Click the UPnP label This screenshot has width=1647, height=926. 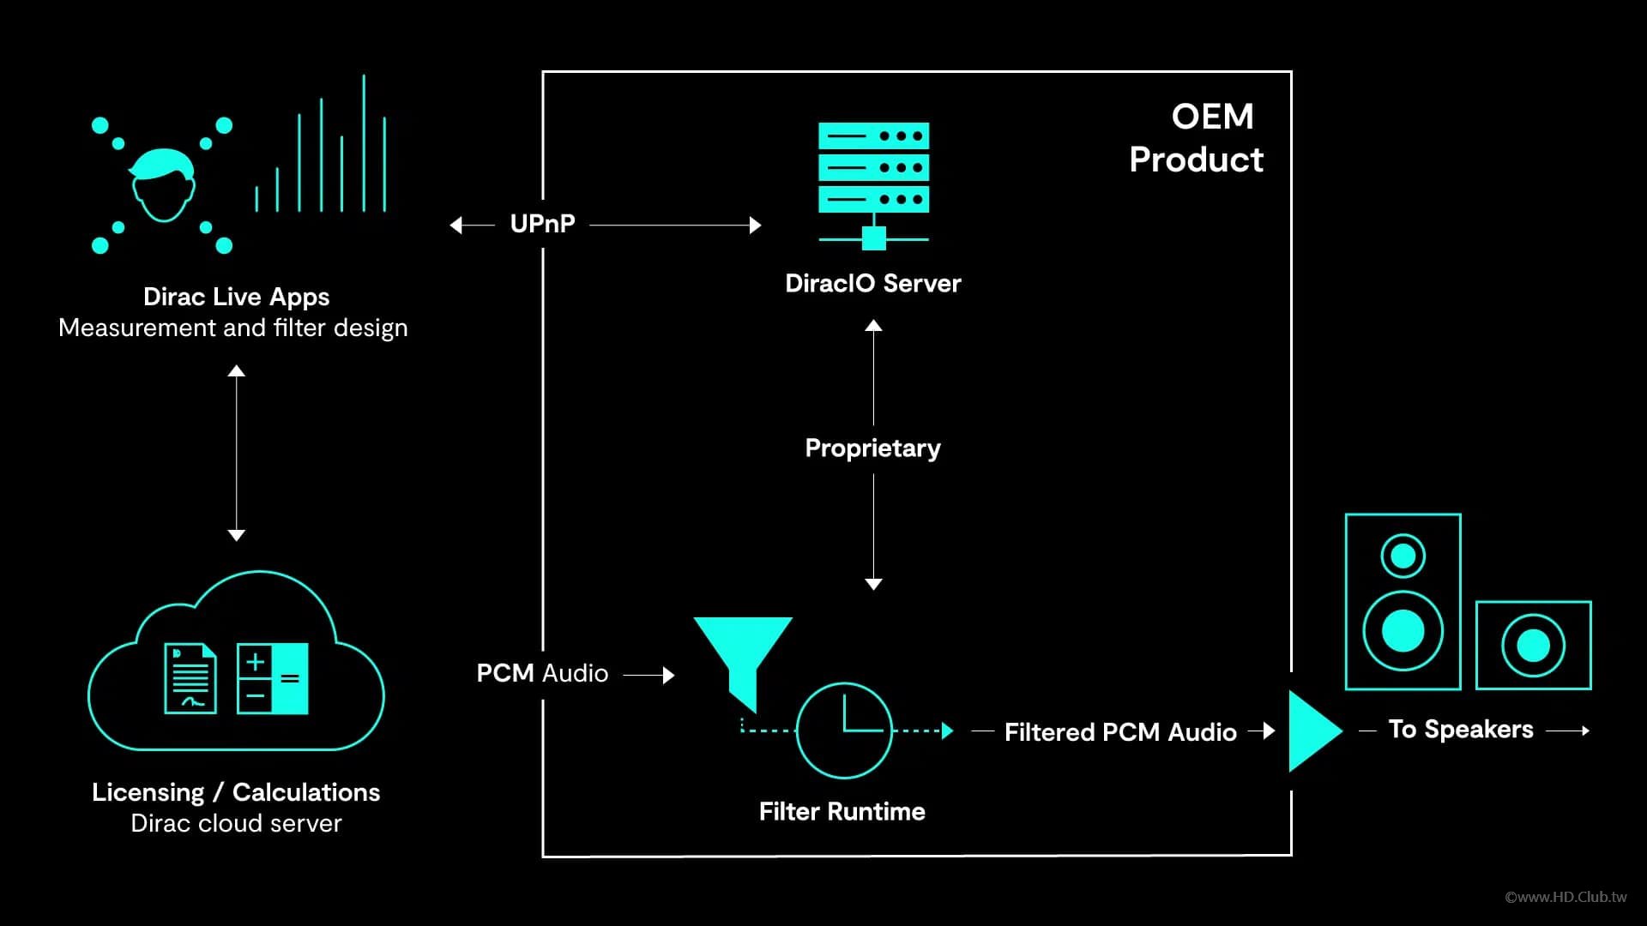tap(542, 224)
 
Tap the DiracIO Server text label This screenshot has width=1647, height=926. tap(872, 284)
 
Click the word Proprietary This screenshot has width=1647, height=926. tap(872, 448)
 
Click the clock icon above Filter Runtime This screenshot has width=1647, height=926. tap(844, 731)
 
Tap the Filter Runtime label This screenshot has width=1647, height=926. tap(842, 811)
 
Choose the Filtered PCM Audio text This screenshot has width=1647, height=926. tap(1119, 731)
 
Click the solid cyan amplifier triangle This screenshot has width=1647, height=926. tap(1312, 731)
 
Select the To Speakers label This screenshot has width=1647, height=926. tap(1460, 730)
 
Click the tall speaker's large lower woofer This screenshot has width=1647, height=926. tap(1403, 631)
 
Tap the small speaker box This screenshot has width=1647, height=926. tap(1533, 646)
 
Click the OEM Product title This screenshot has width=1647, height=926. tap(1198, 138)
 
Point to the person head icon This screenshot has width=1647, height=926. tap(162, 185)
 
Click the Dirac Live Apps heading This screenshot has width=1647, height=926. tap(236, 297)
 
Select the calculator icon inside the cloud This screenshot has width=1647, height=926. tap(273, 678)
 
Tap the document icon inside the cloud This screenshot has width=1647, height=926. tap(190, 678)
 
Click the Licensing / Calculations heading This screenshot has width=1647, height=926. tap(236, 792)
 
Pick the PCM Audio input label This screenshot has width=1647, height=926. tap(542, 673)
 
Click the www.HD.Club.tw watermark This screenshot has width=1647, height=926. tap(1566, 897)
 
